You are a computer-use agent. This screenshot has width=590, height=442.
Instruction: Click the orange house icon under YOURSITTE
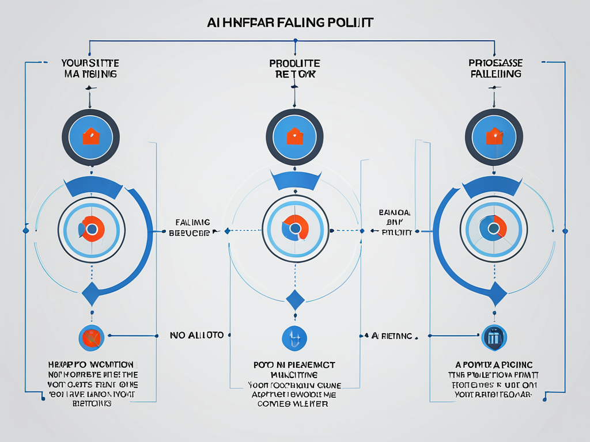pyautogui.click(x=90, y=137)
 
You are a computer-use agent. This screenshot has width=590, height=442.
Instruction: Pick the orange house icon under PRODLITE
pyautogui.click(x=294, y=136)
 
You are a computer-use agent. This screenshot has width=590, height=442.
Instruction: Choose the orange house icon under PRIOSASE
pyautogui.click(x=494, y=137)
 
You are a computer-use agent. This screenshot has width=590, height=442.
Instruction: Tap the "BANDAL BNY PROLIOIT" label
pyautogui.click(x=396, y=222)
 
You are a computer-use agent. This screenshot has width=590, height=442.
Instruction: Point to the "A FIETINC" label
pyautogui.click(x=392, y=335)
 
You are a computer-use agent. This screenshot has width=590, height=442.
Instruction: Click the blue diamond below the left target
pyautogui.click(x=91, y=294)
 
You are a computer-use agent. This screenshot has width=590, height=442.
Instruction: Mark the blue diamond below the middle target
pyautogui.click(x=295, y=300)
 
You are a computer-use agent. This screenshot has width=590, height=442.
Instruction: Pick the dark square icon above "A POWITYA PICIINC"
pyautogui.click(x=493, y=337)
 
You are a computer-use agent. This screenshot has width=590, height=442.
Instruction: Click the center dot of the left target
pyautogui.click(x=91, y=229)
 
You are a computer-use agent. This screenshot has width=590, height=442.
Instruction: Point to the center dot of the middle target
pyautogui.click(x=295, y=229)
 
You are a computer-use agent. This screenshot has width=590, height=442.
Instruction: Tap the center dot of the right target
pyautogui.click(x=493, y=229)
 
